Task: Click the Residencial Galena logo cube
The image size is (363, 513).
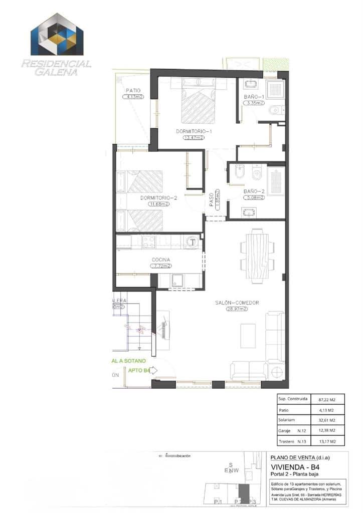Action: (57, 35)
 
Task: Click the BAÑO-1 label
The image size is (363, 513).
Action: (254, 96)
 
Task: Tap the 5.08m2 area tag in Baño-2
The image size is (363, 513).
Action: (254, 198)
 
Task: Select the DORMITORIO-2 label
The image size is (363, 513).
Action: (158, 198)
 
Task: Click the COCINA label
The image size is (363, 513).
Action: (161, 260)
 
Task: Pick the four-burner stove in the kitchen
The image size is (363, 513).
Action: (149, 242)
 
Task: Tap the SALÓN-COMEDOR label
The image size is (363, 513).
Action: (237, 303)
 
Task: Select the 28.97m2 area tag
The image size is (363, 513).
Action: (237, 309)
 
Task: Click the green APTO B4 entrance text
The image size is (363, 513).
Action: (138, 371)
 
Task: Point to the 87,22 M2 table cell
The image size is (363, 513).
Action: (326, 400)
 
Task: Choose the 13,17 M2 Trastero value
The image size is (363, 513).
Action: (326, 441)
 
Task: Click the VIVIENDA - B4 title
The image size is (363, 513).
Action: (295, 467)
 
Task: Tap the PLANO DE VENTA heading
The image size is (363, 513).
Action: (300, 457)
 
